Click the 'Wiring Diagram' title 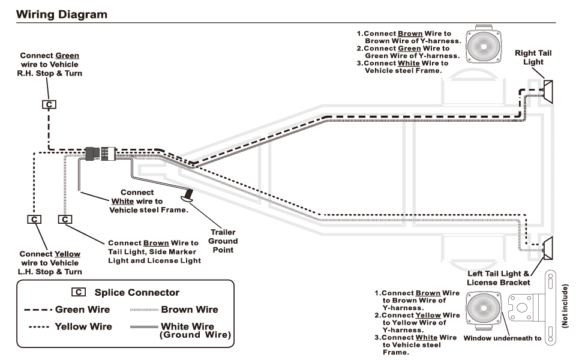(x=62, y=14)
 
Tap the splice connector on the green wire (x=49, y=104)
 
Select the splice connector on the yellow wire (x=34, y=220)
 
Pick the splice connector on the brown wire (x=65, y=220)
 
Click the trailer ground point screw (x=187, y=196)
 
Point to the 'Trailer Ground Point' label (x=223, y=241)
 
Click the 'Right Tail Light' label (x=533, y=58)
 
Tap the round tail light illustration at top (x=483, y=46)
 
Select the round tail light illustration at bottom (x=483, y=308)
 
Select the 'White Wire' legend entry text (x=187, y=326)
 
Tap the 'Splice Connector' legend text (x=137, y=292)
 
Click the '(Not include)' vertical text (x=565, y=306)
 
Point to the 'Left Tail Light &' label (x=499, y=274)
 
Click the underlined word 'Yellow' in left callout (x=67, y=254)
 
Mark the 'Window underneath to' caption (x=502, y=338)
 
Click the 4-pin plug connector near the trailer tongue (x=101, y=154)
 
